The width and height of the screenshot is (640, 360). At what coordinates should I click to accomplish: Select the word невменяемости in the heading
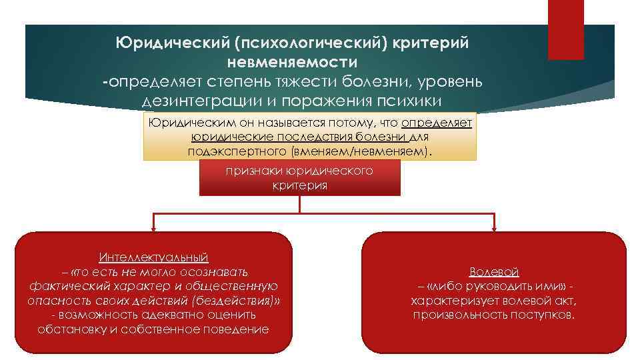click(x=292, y=62)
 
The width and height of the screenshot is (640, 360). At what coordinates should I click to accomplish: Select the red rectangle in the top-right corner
click(x=565, y=30)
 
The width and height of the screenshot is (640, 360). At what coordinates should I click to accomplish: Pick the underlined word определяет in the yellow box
click(x=437, y=123)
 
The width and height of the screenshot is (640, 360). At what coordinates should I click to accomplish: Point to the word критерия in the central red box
click(x=299, y=185)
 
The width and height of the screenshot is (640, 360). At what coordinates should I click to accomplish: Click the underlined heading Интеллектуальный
click(x=154, y=257)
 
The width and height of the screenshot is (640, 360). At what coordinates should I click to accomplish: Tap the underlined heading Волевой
click(x=494, y=271)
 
